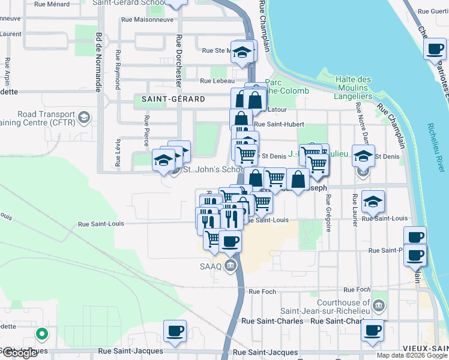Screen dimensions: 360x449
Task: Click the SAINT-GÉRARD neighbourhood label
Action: [x=173, y=99]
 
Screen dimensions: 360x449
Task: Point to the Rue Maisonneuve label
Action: [x=147, y=19]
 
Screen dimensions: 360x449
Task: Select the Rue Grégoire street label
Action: [x=328, y=212]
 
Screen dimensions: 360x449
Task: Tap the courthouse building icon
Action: [x=378, y=307]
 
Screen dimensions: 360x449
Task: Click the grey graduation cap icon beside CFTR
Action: [x=84, y=116]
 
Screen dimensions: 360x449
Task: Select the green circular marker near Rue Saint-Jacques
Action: [x=41, y=333]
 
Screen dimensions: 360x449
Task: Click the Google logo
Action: [x=19, y=353]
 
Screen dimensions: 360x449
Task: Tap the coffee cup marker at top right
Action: [x=434, y=49]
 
